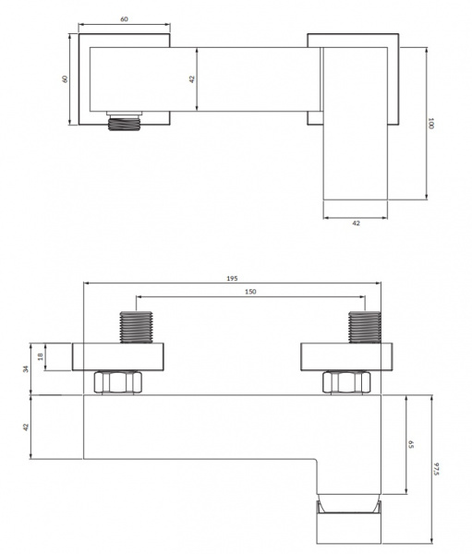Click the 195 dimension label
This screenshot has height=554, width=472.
pos(232,279)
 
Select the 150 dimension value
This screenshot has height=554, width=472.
pos(250,292)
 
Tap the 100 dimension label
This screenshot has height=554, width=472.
pos(430,124)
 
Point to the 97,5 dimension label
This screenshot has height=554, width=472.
pos(436,468)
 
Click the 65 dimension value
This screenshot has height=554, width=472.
pos(411,444)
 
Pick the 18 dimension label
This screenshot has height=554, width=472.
pos(41,356)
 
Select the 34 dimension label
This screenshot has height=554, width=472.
pos(26,368)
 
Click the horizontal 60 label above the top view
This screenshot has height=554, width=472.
pos(124,19)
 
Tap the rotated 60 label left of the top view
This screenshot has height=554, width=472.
pos(65,78)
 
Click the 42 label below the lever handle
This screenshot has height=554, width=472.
pos(356,223)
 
